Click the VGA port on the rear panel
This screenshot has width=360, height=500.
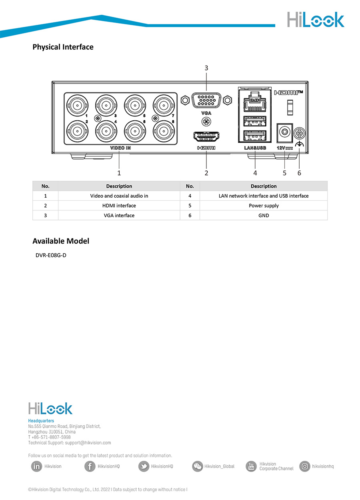(206, 100)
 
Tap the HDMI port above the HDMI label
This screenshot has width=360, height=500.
(206, 136)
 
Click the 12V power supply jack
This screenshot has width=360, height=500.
(284, 131)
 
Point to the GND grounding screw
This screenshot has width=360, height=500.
(299, 133)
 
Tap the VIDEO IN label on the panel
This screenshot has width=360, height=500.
(120, 148)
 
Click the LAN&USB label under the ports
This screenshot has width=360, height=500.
(255, 148)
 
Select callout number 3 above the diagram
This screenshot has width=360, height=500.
(206, 68)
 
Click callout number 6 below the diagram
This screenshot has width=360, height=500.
(299, 173)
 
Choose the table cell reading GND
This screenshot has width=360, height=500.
(264, 215)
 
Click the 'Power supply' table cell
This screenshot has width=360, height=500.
(264, 206)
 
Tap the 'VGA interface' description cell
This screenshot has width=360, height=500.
(119, 215)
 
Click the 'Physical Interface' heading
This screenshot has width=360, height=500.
(63, 47)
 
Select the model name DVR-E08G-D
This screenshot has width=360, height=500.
(51, 255)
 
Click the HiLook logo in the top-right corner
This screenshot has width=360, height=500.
(315, 20)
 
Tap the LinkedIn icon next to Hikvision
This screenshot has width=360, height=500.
(36, 466)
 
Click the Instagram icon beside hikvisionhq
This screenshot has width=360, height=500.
(305, 466)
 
